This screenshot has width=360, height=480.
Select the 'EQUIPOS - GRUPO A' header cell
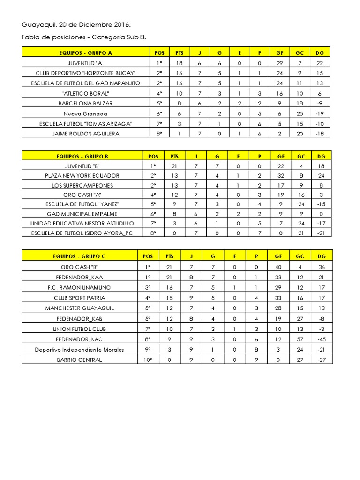coord(85,53)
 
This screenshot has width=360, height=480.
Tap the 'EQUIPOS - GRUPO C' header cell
coord(79,256)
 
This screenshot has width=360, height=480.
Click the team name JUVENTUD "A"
coord(85,63)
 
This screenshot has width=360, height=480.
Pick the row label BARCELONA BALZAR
coord(85,103)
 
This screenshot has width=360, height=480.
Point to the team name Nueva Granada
coord(85,113)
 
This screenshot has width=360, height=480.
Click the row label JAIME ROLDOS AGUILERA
coord(85,134)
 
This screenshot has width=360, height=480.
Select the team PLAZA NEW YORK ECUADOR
coord(82,175)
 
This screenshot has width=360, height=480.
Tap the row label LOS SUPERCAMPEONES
coord(82,185)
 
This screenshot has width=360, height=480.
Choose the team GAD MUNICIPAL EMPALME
coord(82,214)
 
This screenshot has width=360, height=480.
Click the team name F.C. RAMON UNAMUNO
coord(79,287)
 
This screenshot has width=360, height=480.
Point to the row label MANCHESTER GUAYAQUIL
coord(79,308)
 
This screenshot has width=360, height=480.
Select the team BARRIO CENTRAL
coord(79,360)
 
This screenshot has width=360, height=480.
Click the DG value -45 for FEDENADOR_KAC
coord(321,339)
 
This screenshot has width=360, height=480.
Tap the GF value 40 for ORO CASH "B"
coord(278,267)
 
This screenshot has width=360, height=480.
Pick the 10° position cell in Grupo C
coord(148,360)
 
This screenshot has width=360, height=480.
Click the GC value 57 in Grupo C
coord(300,339)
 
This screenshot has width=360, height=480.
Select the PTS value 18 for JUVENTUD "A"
coord(179,63)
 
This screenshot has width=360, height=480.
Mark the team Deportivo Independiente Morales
coord(79,349)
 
